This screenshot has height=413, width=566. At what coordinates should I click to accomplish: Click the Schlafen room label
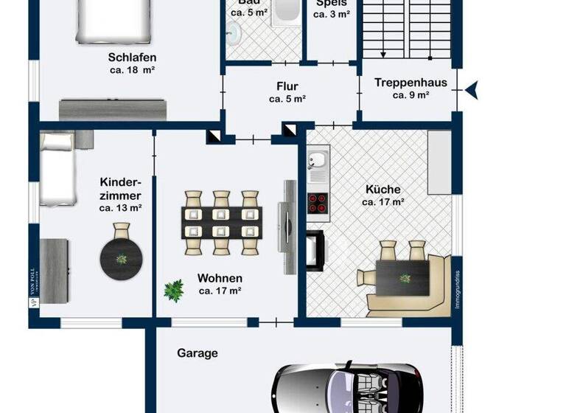pyautogui.click(x=132, y=57)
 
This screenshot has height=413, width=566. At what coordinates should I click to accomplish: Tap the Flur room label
pyautogui.click(x=287, y=85)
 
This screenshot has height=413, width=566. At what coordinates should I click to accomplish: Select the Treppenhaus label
pyautogui.click(x=410, y=83)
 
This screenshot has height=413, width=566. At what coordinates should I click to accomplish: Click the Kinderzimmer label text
pyautogui.click(x=120, y=189)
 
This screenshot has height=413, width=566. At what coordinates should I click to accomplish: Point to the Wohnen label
pyautogui.click(x=220, y=278)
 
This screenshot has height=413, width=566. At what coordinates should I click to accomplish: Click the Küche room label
pyautogui.click(x=383, y=190)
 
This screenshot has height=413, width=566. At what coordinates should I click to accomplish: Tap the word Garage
pyautogui.click(x=197, y=353)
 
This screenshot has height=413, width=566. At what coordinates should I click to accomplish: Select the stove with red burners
pyautogui.click(x=318, y=203)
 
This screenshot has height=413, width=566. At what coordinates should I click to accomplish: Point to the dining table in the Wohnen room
pyautogui.click(x=222, y=221)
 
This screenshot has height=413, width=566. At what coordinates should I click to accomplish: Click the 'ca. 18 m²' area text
pyautogui.click(x=132, y=71)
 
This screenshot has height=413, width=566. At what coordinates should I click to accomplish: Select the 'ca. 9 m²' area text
pyautogui.click(x=410, y=95)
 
